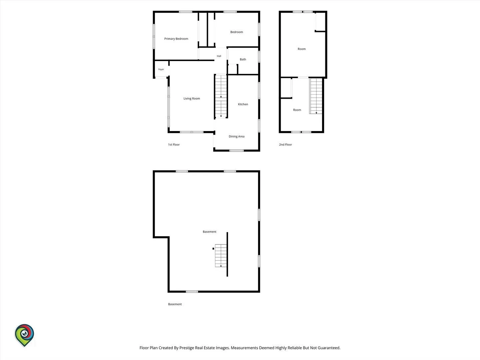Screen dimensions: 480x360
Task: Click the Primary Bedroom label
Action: [176, 39]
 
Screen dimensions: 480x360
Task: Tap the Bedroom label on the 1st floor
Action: [236, 32]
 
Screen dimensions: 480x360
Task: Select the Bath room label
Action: [243, 59]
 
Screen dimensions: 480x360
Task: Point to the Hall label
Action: [219, 56]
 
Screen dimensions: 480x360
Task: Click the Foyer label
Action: [161, 69]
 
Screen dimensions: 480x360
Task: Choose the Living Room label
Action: [192, 98]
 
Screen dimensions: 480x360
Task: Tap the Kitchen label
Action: [243, 104]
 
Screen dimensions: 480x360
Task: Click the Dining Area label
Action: [236, 136]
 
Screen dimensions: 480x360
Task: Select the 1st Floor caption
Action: [174, 144]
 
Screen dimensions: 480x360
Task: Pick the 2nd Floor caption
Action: [285, 144]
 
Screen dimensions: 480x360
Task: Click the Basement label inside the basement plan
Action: [209, 232]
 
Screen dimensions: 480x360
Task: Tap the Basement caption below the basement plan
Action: [175, 304]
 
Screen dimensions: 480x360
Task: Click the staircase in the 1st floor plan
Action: [221, 96]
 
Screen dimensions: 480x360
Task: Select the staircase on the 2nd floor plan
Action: [316, 96]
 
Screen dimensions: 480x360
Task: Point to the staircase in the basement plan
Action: [221, 256]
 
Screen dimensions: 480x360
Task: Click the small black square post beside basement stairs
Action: [213, 249]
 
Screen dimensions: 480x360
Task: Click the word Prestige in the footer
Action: [187, 348]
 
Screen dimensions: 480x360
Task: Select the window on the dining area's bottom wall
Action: [236, 150]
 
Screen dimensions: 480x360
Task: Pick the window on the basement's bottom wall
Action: [192, 292]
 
